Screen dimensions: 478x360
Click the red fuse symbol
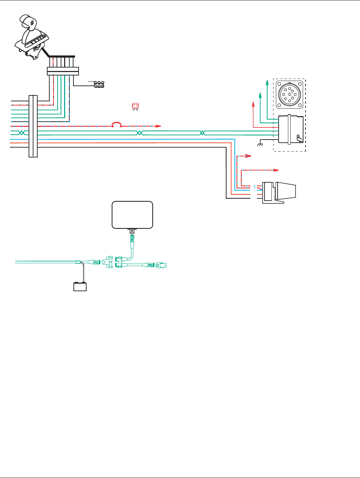click(135, 106)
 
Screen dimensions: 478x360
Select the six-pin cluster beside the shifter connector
click(99, 84)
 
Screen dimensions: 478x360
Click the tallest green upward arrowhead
click(267, 81)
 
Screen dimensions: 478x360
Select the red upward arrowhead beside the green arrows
click(253, 104)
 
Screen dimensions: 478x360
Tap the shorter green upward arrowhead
click(260, 94)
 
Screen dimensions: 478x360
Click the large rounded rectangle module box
click(132, 215)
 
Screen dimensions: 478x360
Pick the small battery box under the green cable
click(80, 287)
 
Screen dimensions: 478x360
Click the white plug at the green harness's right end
click(161, 265)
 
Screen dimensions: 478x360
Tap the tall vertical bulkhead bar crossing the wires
click(33, 126)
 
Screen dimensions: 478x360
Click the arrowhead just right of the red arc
click(159, 126)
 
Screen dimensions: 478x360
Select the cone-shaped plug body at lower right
click(286, 192)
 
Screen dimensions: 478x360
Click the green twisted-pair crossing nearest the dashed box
click(202, 133)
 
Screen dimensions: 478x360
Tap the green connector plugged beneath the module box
click(132, 238)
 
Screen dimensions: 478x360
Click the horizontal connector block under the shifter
click(63, 71)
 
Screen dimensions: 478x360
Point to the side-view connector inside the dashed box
click(291, 129)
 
